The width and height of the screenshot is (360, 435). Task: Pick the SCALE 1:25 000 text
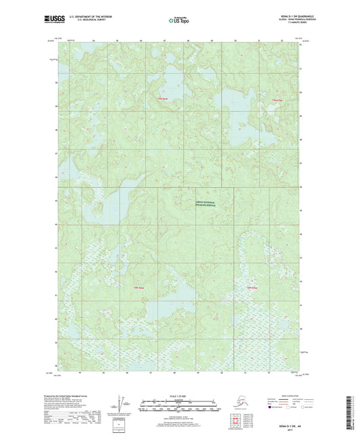click(x=179, y=392)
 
